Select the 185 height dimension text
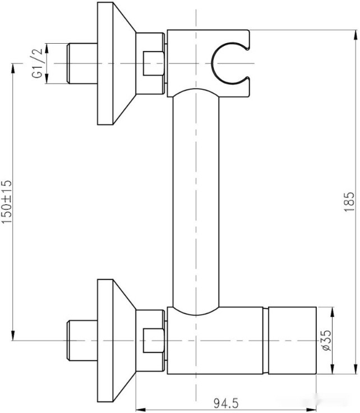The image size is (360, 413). [x=351, y=201]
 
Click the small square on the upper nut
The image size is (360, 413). [x=153, y=63]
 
